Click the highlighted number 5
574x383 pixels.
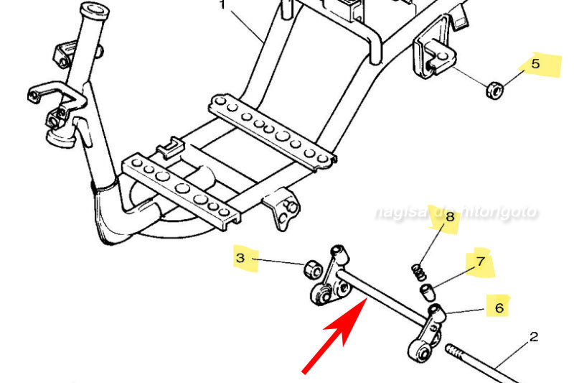535,64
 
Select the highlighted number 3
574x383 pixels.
242,257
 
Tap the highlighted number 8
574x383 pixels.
450,216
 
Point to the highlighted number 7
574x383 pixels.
480,263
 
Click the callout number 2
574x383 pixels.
534,337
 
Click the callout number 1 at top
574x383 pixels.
222,4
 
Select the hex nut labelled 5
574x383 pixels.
494,91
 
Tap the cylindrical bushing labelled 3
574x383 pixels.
312,269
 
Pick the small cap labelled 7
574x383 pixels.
428,290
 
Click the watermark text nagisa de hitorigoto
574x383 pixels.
456,213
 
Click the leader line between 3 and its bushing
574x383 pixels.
280,261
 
